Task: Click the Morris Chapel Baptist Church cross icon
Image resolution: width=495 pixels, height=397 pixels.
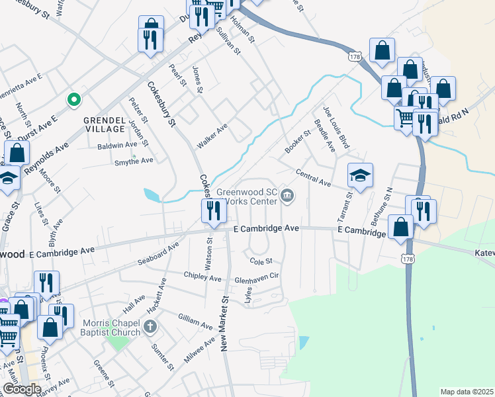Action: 151,326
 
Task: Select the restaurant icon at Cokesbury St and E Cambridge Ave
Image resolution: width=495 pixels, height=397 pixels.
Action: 214,211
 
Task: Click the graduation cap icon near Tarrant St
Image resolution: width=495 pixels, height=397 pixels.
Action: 360,175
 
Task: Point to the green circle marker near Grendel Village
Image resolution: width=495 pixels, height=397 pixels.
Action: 75,101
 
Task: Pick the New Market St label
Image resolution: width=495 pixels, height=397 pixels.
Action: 225,324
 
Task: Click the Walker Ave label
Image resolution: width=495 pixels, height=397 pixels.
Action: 212,135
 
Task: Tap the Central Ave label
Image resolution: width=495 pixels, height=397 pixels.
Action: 313,177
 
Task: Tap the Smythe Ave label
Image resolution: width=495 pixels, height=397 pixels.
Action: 134,160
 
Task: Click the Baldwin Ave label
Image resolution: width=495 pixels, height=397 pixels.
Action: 117,145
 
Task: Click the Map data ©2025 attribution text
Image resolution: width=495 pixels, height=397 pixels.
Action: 467,392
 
